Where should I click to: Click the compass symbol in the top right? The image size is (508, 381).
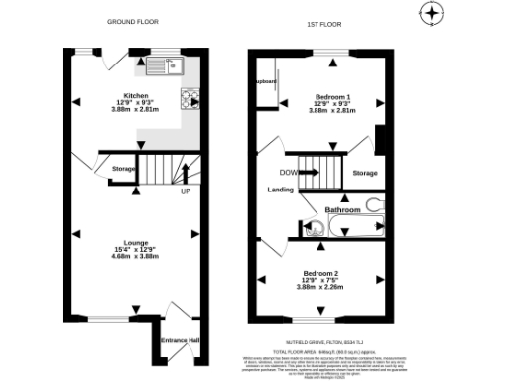tap(430, 15)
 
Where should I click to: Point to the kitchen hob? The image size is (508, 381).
tap(189, 98)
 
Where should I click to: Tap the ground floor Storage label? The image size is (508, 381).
tap(123, 169)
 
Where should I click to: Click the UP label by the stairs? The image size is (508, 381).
tap(185, 191)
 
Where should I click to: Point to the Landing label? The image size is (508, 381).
tap(280, 190)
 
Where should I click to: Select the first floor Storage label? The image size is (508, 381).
tap(365, 173)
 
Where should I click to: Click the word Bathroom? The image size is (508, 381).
tap(343, 210)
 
